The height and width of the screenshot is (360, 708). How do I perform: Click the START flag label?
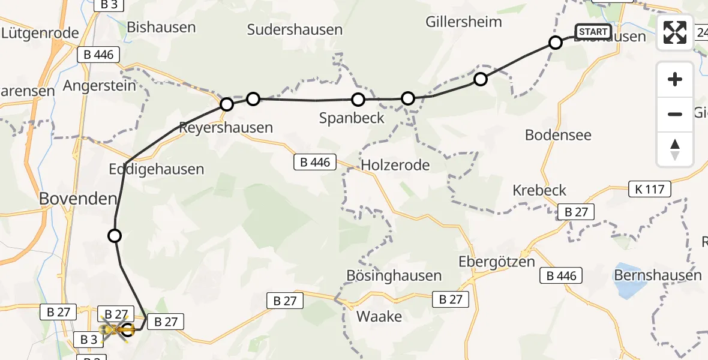coord(593,32)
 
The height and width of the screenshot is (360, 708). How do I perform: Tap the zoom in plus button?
coord(675,80)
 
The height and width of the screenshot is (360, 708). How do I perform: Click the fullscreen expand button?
coord(675,32)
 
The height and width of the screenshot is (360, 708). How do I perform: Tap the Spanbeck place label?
coord(352,118)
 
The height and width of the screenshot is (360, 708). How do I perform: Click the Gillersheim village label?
coord(463,22)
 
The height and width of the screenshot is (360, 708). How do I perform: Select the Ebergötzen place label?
coord(496,263)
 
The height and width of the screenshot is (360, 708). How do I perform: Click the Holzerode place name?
coord(395,164)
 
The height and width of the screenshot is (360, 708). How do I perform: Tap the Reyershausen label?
coord(226,128)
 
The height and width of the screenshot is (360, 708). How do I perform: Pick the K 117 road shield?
coord(650,190)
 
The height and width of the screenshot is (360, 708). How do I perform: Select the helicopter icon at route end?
coord(116,329)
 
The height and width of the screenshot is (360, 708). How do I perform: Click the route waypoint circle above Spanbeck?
coord(358,100)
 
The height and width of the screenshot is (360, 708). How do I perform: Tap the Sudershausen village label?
coord(295,29)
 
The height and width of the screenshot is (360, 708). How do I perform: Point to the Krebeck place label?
coord(539,190)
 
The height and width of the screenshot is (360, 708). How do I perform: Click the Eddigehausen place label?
coord(157,169)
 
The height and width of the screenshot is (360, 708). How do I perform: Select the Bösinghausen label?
coord(394,275)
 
